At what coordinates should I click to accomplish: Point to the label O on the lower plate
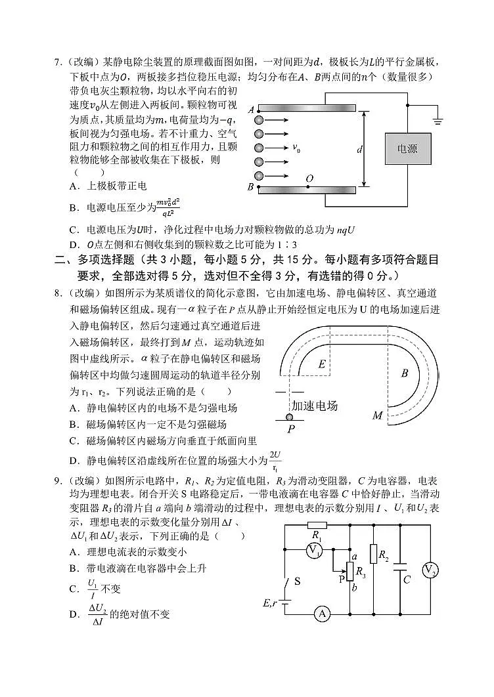click(309, 179)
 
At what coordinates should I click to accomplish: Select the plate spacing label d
click(360, 150)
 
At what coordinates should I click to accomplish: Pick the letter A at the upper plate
click(251, 110)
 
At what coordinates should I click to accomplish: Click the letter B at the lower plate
click(250, 188)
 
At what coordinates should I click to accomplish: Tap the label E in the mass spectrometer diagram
click(321, 364)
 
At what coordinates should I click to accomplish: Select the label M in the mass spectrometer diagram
click(377, 415)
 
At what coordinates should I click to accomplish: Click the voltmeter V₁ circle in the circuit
click(315, 550)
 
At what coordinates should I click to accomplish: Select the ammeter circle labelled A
click(321, 614)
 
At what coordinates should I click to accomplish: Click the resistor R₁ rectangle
click(317, 525)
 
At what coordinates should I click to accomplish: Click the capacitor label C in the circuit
click(407, 580)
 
